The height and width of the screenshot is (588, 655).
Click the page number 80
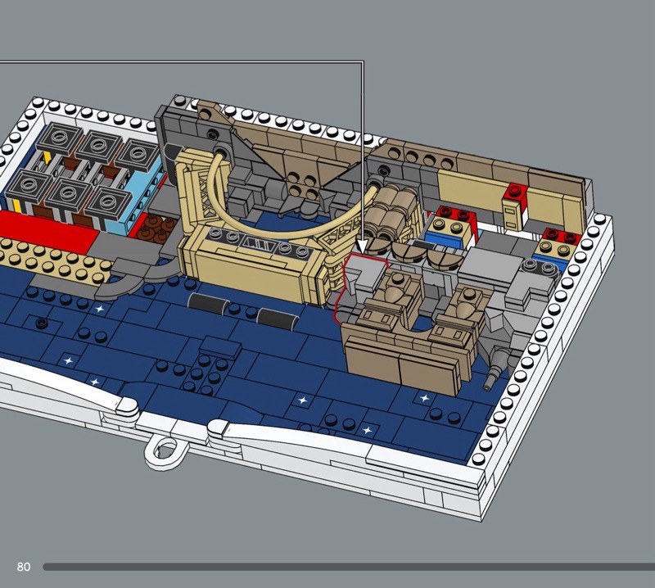pyautogui.click(x=24, y=567)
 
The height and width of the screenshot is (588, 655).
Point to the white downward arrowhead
pyautogui.click(x=362, y=246)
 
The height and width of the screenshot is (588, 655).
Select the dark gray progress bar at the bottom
pyautogui.click(x=349, y=567)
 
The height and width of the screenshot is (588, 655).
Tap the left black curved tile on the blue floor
pyautogui.click(x=208, y=303)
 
